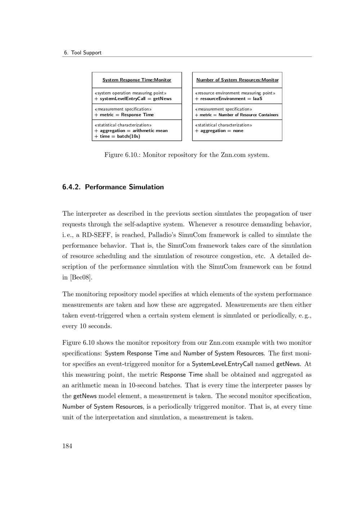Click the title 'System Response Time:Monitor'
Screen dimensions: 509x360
[137, 80]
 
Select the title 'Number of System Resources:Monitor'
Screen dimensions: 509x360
[237, 80]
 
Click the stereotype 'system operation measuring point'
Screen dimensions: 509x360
[130, 93]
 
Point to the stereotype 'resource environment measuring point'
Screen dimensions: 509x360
[235, 93]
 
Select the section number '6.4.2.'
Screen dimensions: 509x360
[71, 187]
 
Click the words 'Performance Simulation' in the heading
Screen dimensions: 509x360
[124, 187]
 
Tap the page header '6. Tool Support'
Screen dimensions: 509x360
[82, 53]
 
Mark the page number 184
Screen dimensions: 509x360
[67, 446]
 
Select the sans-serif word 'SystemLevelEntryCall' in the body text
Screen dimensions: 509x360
[222, 364]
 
